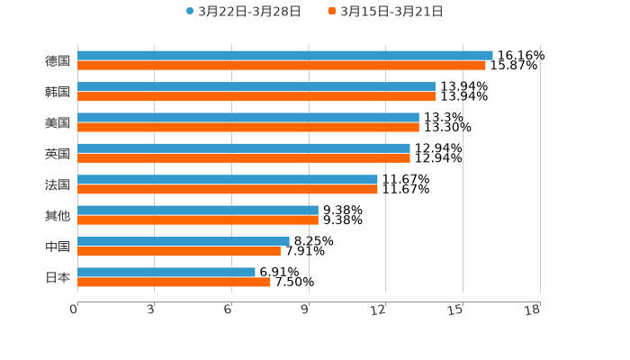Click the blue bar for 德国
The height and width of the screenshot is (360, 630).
[x=284, y=56]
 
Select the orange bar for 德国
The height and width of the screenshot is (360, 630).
[x=281, y=66]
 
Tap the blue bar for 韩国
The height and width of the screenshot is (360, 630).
[x=256, y=86]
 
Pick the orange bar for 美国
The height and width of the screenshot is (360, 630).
[x=247, y=127]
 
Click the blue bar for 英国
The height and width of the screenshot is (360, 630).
[x=243, y=148]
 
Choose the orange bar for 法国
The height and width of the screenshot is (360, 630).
[x=227, y=188]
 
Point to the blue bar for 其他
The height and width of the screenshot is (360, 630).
[x=197, y=210]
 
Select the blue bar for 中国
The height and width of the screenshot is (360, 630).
[x=183, y=241]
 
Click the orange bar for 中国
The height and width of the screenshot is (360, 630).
[x=178, y=251]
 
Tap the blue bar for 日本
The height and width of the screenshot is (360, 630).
[x=166, y=272]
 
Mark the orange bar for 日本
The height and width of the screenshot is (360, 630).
[x=174, y=282]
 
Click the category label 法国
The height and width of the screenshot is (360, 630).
[x=57, y=184]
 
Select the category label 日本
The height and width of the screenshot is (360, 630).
[x=57, y=277]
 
